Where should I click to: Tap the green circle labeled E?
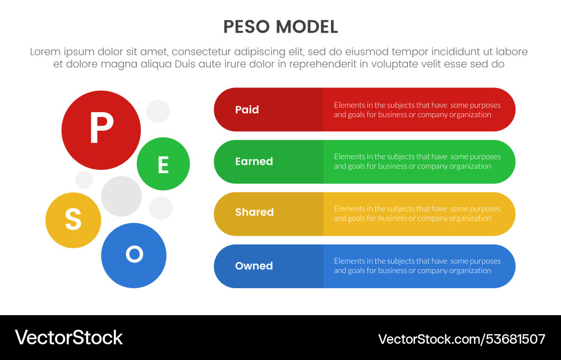pyautogui.click(x=163, y=164)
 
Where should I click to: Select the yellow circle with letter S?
pyautogui.click(x=73, y=220)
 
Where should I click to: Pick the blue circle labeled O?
pyautogui.click(x=134, y=255)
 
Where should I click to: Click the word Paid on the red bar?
pyautogui.click(x=247, y=110)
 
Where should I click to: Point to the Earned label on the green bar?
pyautogui.click(x=254, y=161)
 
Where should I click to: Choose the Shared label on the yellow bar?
pyautogui.click(x=254, y=213)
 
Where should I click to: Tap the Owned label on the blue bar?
pyautogui.click(x=254, y=266)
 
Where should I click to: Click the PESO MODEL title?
pyautogui.click(x=280, y=26)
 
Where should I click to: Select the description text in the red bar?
pyautogui.click(x=417, y=110)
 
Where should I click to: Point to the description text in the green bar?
pyautogui.click(x=417, y=161)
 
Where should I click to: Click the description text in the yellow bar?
pyautogui.click(x=417, y=214)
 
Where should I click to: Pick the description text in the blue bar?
pyautogui.click(x=417, y=266)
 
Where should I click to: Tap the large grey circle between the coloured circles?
pyautogui.click(x=121, y=196)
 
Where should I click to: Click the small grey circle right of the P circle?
pyautogui.click(x=158, y=111)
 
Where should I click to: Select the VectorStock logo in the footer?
pyautogui.click(x=68, y=338)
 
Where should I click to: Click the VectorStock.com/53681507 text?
pyautogui.click(x=462, y=339)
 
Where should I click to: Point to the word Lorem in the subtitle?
pyautogui.click(x=45, y=52)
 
